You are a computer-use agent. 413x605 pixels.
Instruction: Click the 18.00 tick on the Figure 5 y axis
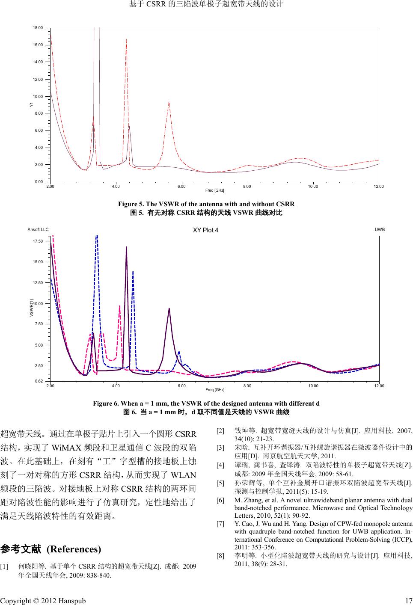(38, 27)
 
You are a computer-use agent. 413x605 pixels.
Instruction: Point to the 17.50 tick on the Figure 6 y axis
(38, 241)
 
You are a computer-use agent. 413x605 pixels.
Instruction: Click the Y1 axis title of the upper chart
(31, 105)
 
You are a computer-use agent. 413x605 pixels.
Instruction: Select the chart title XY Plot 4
(205, 230)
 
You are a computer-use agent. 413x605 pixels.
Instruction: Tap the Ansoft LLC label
(38, 229)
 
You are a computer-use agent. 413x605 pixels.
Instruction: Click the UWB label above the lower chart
(380, 229)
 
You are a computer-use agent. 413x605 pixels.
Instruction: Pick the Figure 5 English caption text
(206, 204)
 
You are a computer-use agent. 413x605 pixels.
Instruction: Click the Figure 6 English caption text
(206, 403)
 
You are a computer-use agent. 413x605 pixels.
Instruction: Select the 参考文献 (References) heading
(51, 549)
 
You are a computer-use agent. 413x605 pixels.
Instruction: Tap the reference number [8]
(221, 556)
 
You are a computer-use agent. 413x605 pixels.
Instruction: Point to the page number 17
(408, 601)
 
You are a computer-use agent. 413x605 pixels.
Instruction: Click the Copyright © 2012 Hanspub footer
(43, 601)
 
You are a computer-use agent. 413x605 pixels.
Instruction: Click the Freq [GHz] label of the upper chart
(215, 190)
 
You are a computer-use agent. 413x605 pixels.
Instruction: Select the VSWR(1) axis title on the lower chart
(31, 308)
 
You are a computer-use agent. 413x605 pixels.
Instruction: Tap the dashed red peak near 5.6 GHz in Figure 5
(169, 103)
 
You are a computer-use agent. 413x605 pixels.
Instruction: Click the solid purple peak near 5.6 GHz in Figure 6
(169, 308)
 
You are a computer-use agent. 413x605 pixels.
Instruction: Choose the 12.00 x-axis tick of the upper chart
(378, 187)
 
